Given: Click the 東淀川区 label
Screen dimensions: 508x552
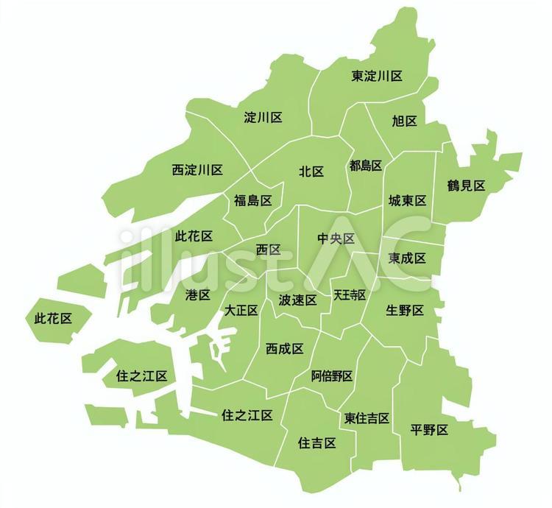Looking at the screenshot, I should coord(376,76).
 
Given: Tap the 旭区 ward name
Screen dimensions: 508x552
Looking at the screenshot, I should coord(405,121).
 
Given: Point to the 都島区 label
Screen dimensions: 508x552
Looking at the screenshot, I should coord(366,165).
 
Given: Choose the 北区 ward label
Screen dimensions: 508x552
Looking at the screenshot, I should coord(311,172).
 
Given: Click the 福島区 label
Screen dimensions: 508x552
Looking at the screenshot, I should coord(253,200).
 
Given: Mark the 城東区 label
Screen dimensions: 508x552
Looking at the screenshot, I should coord(407,200).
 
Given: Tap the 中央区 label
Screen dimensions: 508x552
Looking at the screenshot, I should coord(336,239).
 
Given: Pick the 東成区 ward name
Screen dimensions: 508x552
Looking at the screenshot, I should coord(407,258).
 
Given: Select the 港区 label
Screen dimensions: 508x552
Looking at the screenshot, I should coord(198,294).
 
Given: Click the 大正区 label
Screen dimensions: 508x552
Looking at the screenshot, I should coord(241,311).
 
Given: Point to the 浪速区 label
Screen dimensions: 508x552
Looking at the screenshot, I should coord(297,300).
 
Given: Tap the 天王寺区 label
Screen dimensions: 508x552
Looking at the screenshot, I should coord(350,295).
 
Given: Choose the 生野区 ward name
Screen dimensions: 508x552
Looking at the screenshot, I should coord(405,311).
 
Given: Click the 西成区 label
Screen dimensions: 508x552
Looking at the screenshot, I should coord(285,348).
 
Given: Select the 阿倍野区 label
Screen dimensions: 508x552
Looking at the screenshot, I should coord(332,376).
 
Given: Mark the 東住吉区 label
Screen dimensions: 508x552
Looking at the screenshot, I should coord(367,418).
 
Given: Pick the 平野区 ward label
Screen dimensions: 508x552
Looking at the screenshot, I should coord(430,430).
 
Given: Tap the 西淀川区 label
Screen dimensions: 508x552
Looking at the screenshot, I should coord(197,170).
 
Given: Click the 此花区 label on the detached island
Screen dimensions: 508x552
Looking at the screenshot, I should coord(53,319).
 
